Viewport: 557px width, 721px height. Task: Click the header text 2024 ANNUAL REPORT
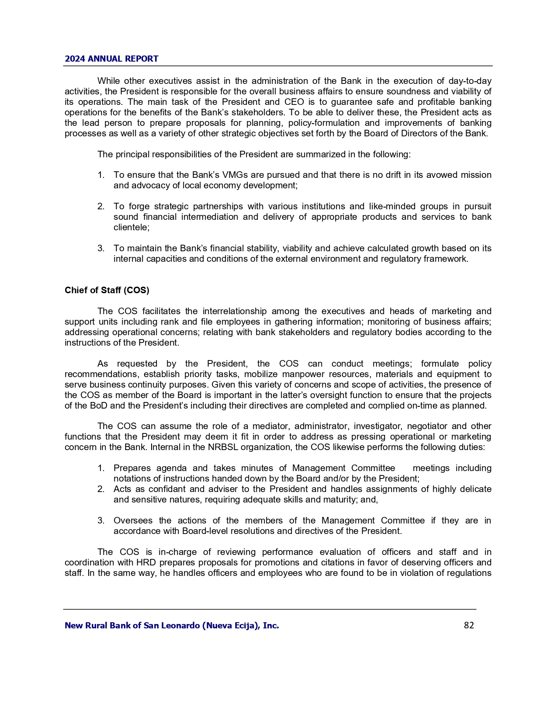coord(111,59)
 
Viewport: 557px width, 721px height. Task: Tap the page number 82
coord(469,625)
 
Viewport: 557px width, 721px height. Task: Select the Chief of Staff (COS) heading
coord(107,290)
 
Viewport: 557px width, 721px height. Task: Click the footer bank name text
coord(172,625)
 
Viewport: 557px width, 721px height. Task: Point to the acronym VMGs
coord(235,175)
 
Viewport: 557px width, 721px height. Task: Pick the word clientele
coord(131,227)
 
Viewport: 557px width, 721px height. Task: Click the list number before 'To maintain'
coord(101,248)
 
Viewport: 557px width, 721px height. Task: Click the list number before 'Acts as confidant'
coord(101,489)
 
